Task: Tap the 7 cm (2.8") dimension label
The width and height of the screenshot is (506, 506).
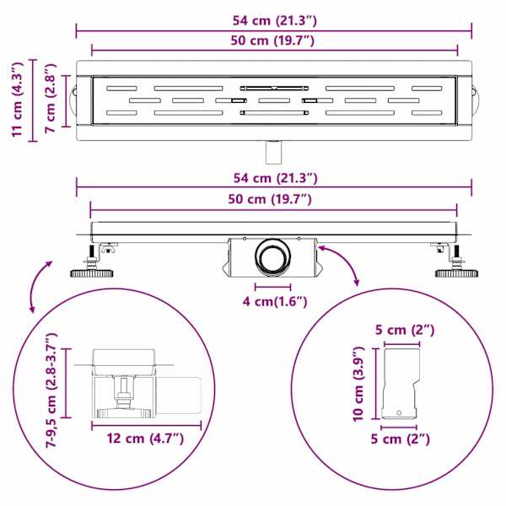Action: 51,98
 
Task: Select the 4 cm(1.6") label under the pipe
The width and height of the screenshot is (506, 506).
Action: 275,302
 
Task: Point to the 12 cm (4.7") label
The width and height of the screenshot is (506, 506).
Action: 145,439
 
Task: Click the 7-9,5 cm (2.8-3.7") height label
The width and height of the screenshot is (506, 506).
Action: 51,390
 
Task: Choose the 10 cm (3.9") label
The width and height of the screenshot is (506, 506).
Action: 358,384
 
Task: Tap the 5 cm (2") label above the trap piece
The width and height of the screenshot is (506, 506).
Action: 405,330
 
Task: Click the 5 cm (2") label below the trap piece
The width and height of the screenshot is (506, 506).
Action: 400,439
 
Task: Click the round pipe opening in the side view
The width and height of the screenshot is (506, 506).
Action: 273,258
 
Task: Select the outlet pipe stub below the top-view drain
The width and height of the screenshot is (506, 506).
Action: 273,152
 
